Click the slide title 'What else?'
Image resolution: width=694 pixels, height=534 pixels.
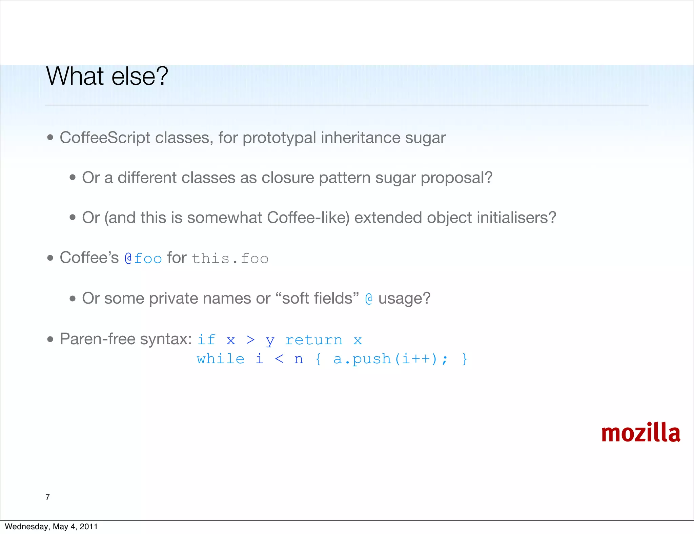107,76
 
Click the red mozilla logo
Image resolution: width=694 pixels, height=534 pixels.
640,433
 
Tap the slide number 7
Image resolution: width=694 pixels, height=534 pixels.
47,497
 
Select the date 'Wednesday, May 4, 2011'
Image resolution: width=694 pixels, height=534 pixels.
51,527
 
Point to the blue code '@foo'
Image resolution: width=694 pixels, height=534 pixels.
143,258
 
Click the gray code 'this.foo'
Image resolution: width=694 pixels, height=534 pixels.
230,258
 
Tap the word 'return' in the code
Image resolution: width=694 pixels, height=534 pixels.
314,340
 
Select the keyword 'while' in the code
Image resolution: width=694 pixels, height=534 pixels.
221,359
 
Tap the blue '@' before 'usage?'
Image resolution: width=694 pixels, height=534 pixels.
369,299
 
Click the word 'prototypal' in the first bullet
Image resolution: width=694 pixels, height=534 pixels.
279,138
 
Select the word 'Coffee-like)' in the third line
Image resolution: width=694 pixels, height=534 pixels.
308,218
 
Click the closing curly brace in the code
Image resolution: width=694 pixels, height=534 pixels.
465,359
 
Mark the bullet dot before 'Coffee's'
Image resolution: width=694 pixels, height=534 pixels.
50,258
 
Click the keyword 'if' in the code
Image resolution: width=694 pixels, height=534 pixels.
206,340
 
